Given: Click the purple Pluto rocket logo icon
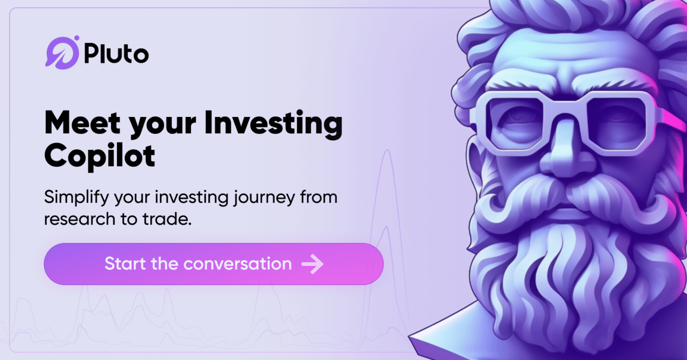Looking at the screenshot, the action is [62, 53].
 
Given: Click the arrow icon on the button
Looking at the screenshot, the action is [313, 264].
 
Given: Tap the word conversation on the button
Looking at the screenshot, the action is [237, 264].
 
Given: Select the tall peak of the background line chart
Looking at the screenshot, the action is [387, 150].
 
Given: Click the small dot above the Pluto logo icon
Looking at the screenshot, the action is [77, 38].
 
